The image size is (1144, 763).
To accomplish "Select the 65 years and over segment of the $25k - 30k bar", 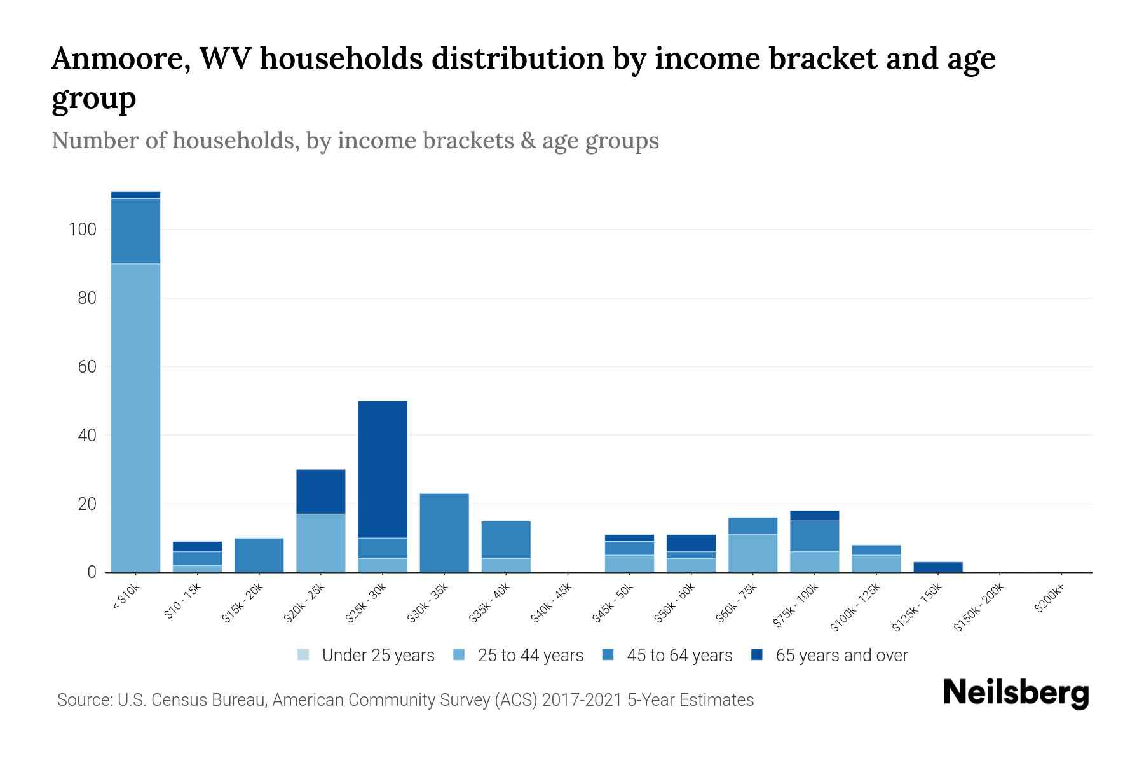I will click(383, 469).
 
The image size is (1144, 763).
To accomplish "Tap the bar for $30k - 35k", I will click(444, 533).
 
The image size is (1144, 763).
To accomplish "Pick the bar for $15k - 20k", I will click(259, 555).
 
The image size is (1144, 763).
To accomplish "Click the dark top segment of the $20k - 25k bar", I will click(321, 491).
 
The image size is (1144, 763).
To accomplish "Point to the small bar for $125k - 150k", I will click(938, 567).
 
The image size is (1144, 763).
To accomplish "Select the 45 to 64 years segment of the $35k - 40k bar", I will click(506, 540).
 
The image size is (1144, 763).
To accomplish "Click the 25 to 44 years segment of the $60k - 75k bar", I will click(753, 553).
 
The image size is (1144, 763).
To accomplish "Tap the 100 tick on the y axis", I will click(82, 230).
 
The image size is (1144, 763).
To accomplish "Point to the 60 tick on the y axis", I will click(86, 367).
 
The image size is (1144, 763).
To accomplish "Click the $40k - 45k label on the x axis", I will click(551, 603).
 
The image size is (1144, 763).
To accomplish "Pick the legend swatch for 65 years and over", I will click(757, 655).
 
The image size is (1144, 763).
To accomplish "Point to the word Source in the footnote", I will click(83, 700).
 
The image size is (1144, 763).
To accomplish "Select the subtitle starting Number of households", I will click(355, 141).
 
